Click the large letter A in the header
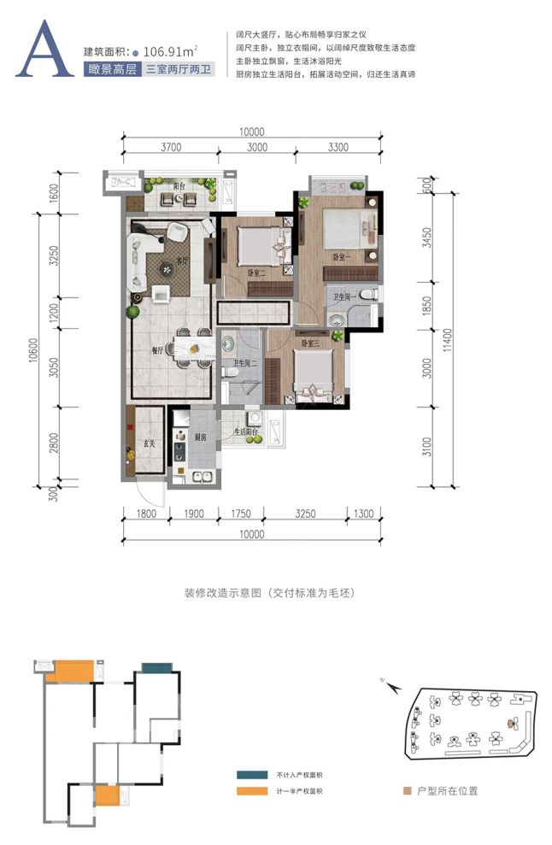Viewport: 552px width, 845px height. (x=43, y=53)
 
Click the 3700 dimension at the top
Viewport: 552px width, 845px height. (x=171, y=147)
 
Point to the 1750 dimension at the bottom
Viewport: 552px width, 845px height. (x=240, y=514)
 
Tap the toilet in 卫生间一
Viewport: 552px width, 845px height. (x=367, y=294)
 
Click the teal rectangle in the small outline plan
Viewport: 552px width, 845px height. (x=155, y=667)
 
